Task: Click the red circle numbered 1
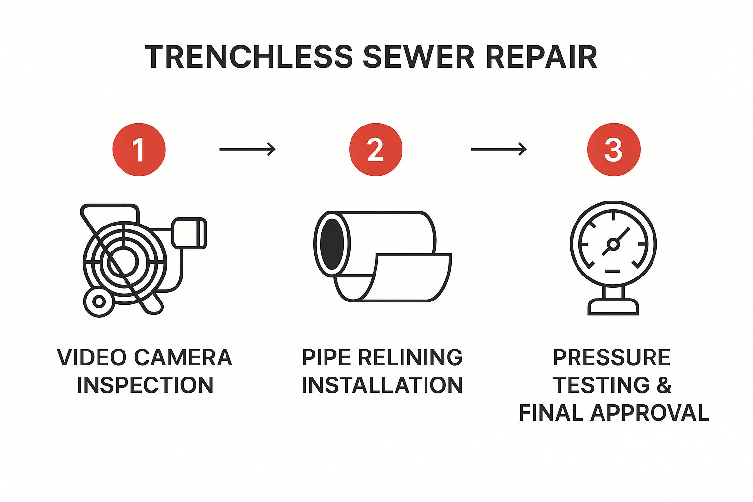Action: [139, 150]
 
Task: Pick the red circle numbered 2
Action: [376, 150]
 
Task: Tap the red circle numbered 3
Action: [613, 150]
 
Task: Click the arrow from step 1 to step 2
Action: [247, 149]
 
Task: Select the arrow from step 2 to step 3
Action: [499, 149]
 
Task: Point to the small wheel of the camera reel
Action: [99, 301]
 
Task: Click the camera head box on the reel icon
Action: [189, 233]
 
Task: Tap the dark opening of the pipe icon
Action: [332, 244]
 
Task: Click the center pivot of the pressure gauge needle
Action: [613, 244]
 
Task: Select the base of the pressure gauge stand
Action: [613, 306]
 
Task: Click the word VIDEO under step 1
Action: [92, 357]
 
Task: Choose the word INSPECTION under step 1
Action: [145, 385]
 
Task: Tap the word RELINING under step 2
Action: [410, 357]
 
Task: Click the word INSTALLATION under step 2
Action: [382, 385]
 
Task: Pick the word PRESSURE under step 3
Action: [612, 357]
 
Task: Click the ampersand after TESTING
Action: [664, 385]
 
